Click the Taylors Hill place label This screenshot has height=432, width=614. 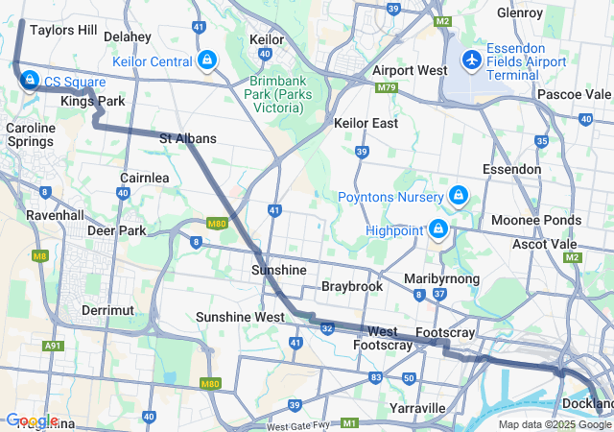click(x=63, y=30)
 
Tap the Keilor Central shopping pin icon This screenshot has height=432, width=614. click(x=207, y=62)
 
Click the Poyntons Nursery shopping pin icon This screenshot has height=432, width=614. click(x=459, y=197)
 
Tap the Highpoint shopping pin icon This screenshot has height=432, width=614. click(x=438, y=229)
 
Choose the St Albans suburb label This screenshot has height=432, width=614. click(x=187, y=138)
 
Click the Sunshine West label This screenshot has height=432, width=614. click(x=240, y=316)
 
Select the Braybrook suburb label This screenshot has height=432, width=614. click(x=352, y=286)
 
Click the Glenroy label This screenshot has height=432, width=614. click(x=521, y=12)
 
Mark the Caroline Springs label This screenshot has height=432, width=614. click(x=31, y=134)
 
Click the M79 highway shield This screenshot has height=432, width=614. click(x=387, y=87)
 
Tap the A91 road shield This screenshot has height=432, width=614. click(x=54, y=346)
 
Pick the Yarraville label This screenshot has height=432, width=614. click(x=418, y=408)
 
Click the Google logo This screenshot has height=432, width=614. click(x=32, y=420)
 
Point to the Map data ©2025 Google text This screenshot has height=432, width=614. click(x=555, y=424)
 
